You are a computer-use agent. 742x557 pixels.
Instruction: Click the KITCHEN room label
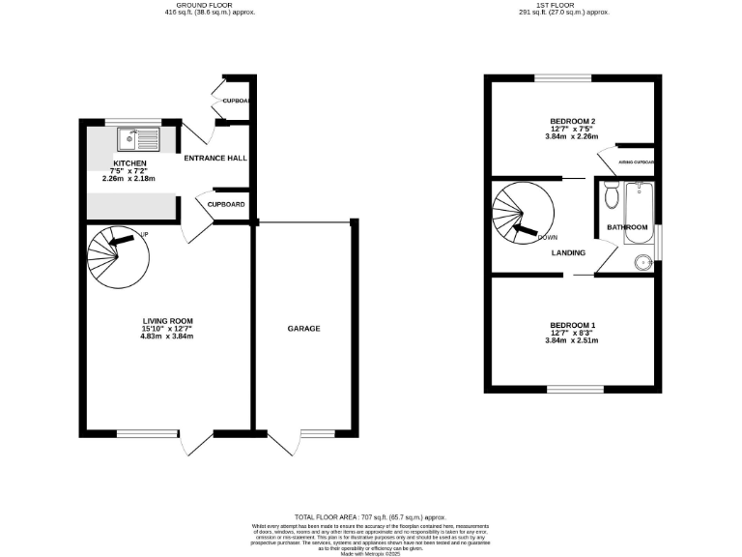[x=129, y=162]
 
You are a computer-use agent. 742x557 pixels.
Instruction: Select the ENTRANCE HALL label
[x=213, y=158]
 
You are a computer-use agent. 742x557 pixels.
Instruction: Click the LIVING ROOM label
[x=168, y=320]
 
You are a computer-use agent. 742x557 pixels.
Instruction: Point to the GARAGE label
[x=303, y=329]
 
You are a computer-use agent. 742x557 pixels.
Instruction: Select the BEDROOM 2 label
[x=573, y=121]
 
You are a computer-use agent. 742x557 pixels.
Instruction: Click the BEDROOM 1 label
[x=573, y=324]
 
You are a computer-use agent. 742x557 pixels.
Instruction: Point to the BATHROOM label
[x=626, y=227]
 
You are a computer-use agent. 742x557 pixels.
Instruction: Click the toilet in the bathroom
[x=610, y=196]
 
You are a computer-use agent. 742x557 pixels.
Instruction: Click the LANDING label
[x=569, y=253]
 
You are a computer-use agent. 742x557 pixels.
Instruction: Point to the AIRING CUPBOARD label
[x=637, y=162]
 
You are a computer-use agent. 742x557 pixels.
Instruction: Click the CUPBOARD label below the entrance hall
[x=225, y=204]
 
